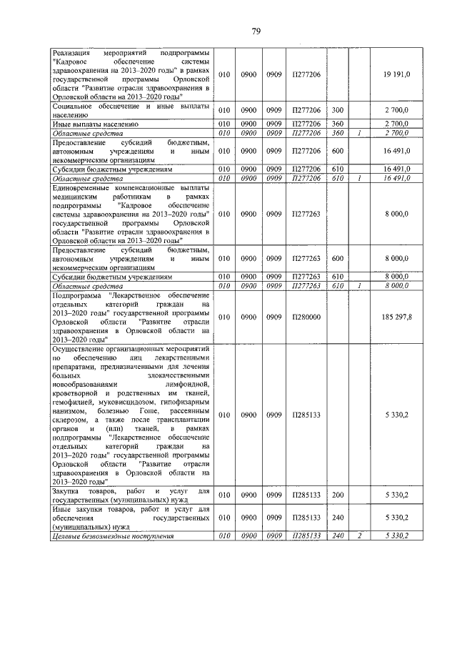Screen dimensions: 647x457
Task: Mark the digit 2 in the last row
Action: click(x=361, y=535)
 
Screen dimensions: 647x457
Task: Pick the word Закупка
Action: click(x=69, y=490)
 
